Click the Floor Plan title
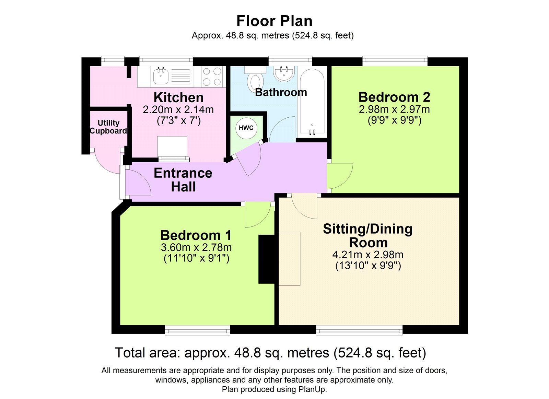(274, 21)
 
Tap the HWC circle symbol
(246, 128)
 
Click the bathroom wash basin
(284, 73)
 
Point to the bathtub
(312, 101)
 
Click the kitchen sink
(160, 76)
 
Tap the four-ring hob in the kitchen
(212, 76)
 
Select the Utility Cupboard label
(108, 127)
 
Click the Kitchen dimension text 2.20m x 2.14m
(178, 110)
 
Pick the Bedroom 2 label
(394, 97)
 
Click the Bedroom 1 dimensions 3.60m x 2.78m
(196, 247)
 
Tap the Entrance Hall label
(183, 180)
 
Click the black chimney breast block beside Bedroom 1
(267, 259)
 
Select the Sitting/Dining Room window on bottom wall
(359, 331)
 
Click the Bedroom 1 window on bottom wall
(197, 331)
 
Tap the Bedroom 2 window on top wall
(395, 61)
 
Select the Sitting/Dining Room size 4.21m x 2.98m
(368, 255)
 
